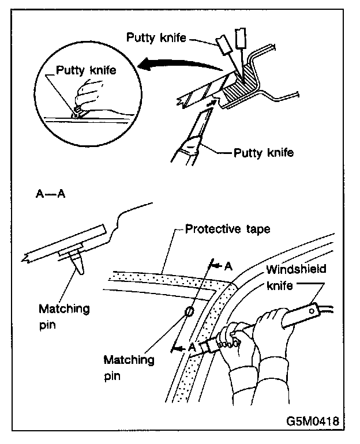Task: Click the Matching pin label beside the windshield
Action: click(x=129, y=367)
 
